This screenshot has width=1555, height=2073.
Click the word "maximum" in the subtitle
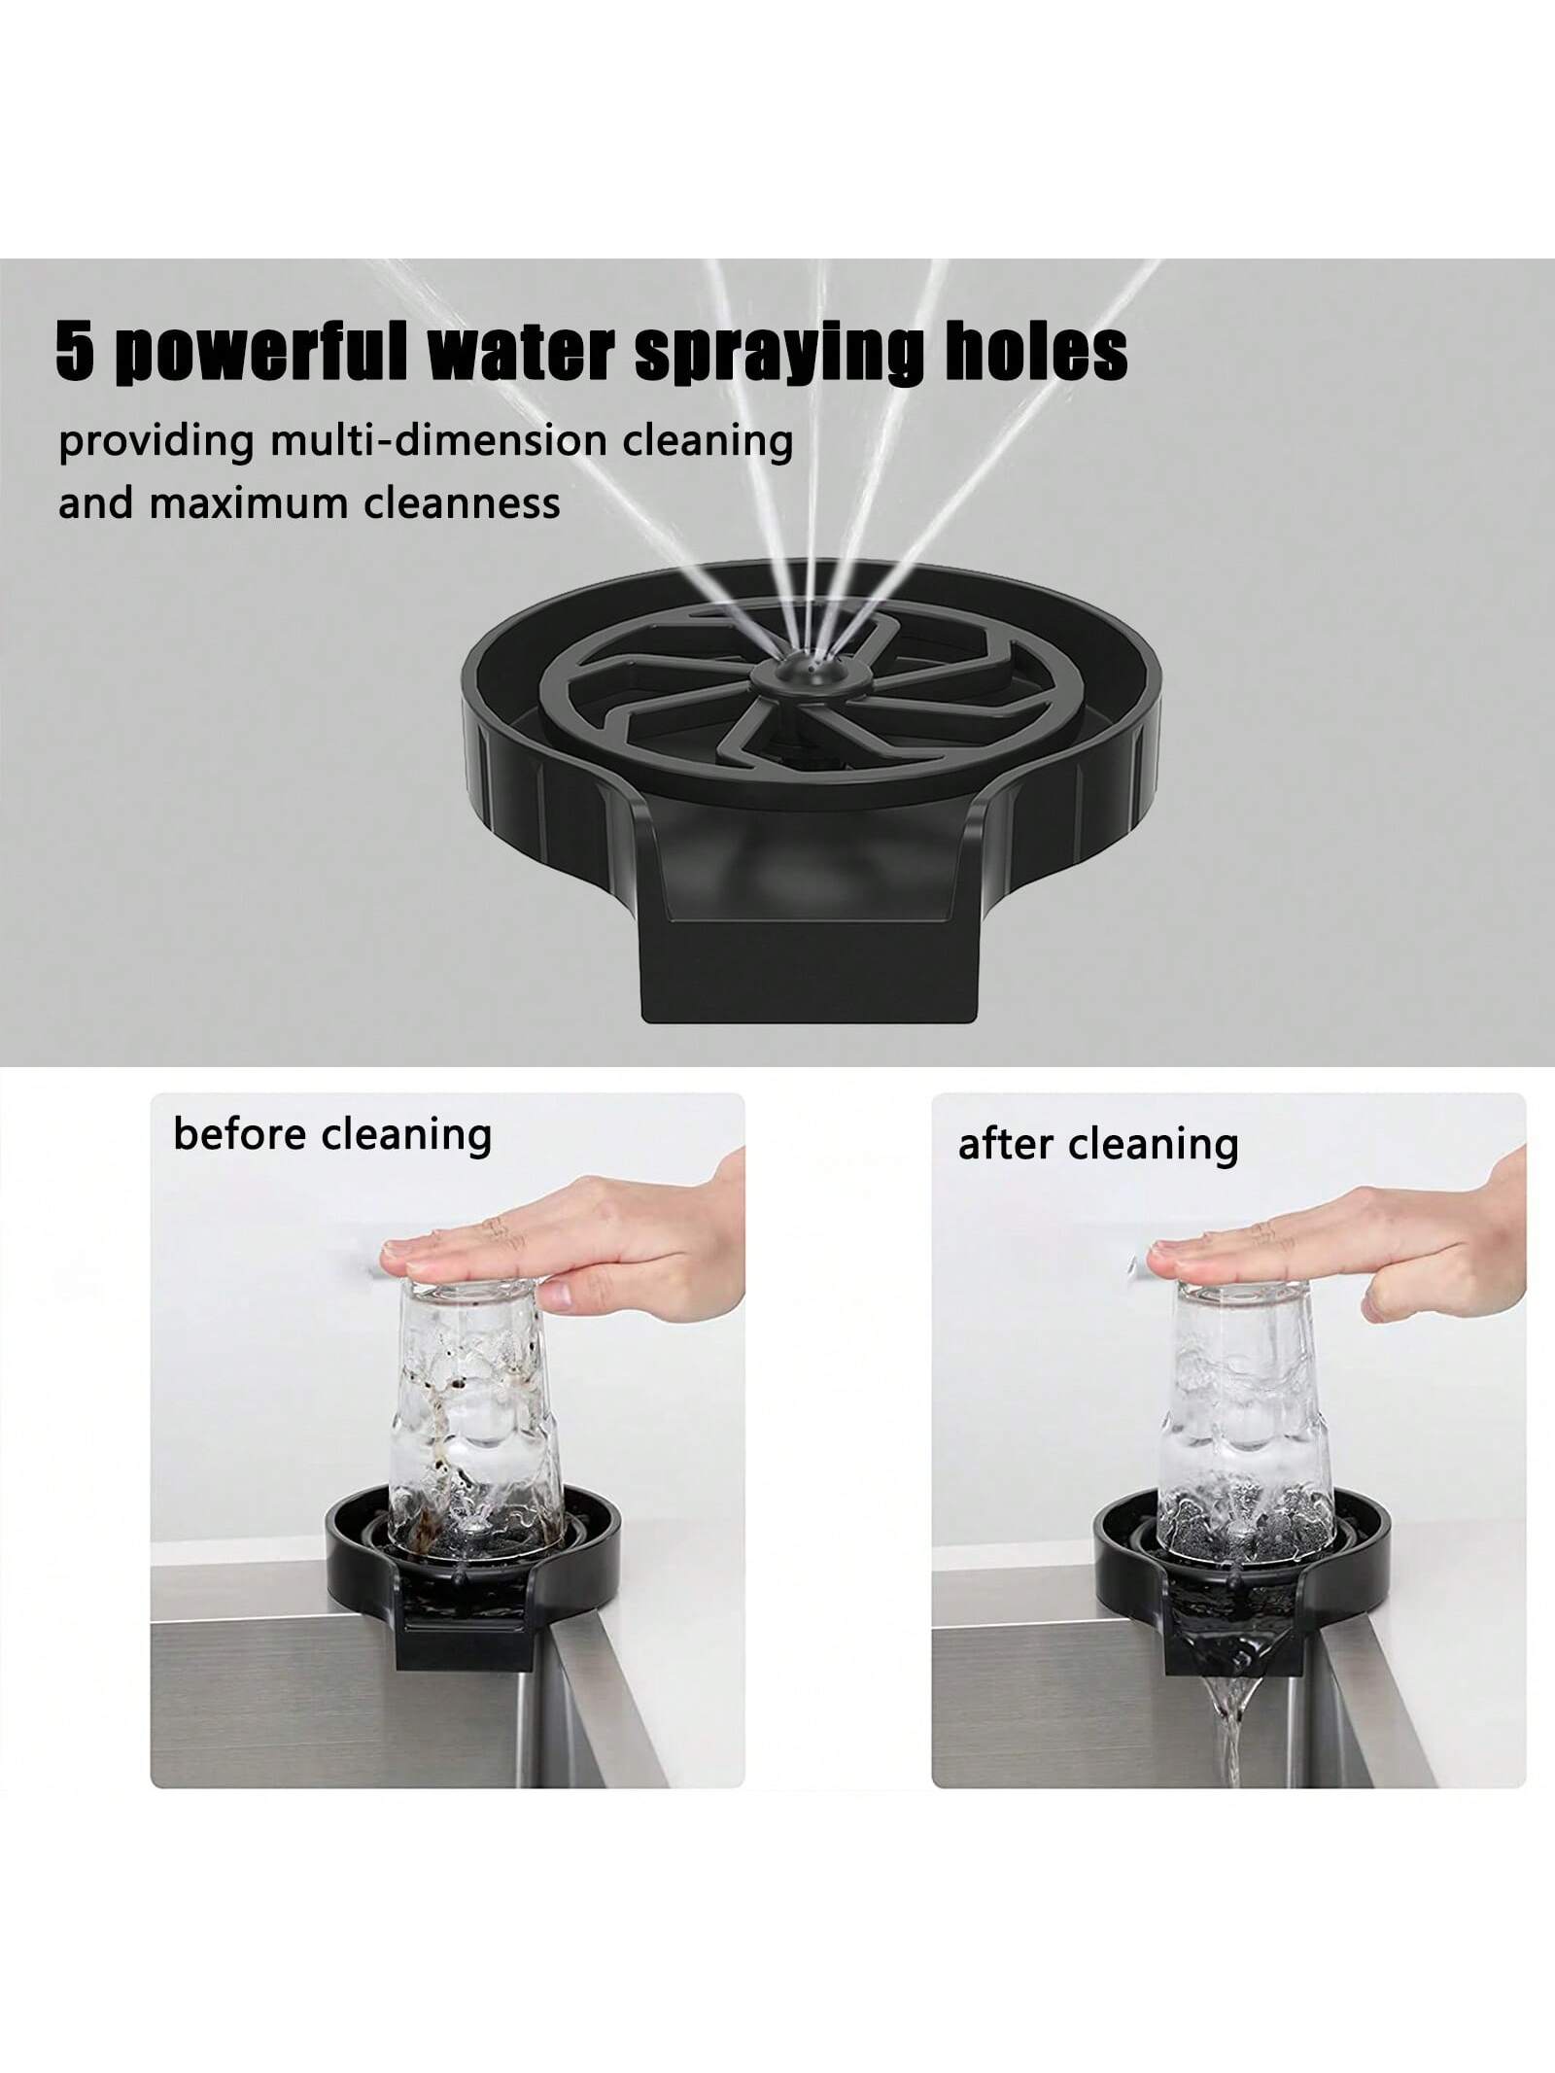pyautogui.click(x=230, y=502)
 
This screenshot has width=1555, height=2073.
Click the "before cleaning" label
pyautogui.click(x=331, y=1134)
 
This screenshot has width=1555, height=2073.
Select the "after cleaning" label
pyautogui.click(x=1098, y=1144)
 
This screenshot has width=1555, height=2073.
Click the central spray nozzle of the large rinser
pyautogui.click(x=805, y=674)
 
